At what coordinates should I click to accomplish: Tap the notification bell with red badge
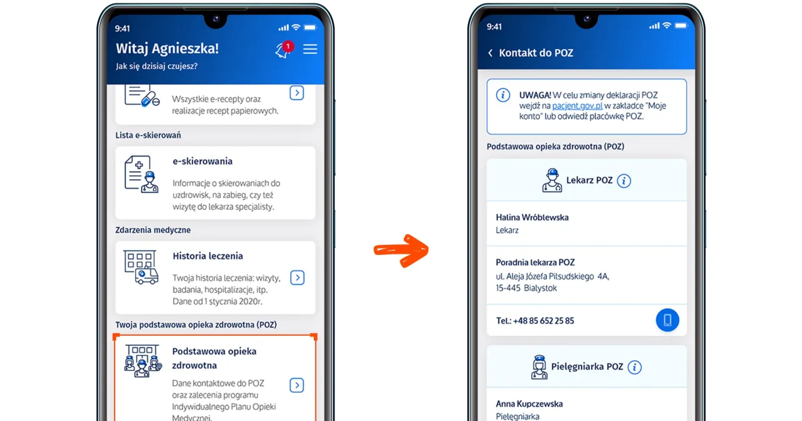coord(283,50)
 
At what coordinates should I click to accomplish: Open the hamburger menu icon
coord(310,49)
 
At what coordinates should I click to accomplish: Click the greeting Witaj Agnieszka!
coord(167,49)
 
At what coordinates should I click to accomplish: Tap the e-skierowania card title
coord(202,161)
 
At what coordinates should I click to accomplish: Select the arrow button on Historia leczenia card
coord(298,278)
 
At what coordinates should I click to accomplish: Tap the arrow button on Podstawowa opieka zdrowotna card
coord(298,385)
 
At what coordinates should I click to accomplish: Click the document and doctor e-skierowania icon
coord(141,174)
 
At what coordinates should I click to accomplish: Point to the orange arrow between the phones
coord(401,249)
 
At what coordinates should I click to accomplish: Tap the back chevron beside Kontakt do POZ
coord(490,53)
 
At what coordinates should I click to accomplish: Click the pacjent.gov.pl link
coord(577,106)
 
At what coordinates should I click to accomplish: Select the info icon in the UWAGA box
coord(503,95)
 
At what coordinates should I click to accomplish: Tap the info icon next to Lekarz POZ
coord(623,180)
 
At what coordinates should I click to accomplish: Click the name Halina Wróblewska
coord(532,217)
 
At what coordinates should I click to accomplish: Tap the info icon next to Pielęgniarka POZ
coord(634,367)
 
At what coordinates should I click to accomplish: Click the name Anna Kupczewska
coord(529,404)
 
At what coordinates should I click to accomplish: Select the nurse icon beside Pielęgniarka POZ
coord(539,367)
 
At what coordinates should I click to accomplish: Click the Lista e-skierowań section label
coord(148,135)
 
